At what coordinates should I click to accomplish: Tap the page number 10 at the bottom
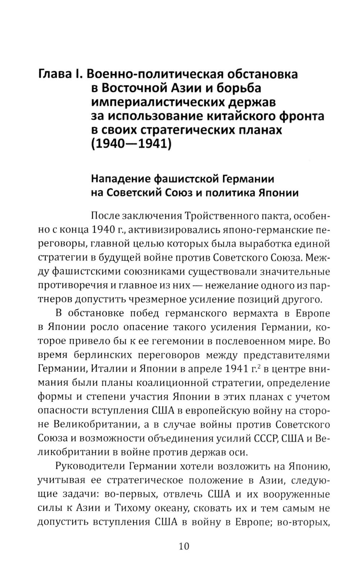tap(183, 546)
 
